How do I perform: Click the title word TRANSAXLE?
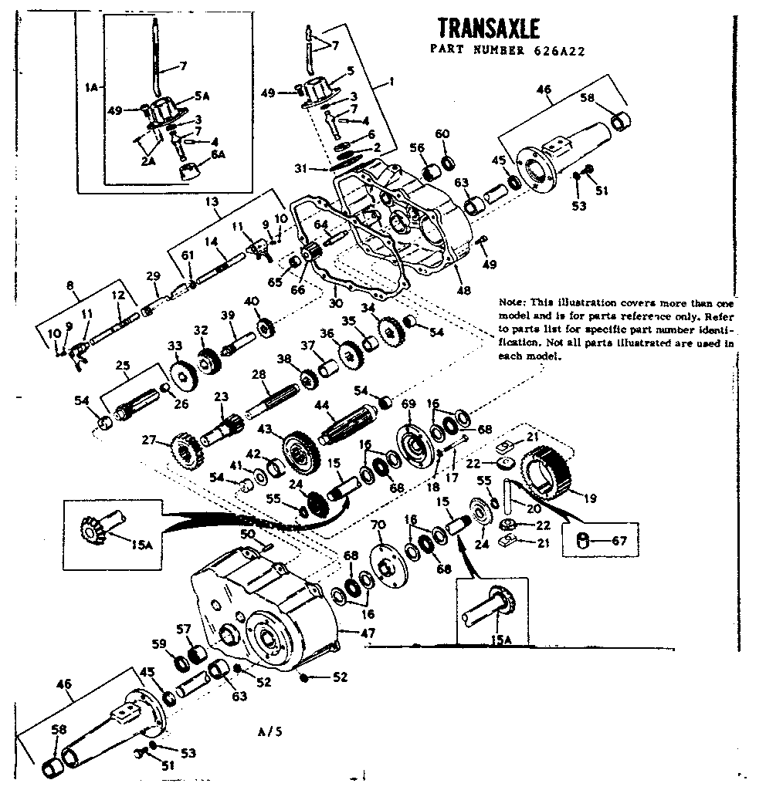(488, 29)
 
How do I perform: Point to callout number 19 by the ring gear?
(590, 499)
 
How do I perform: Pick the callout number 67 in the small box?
(619, 541)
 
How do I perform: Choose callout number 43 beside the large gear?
(265, 429)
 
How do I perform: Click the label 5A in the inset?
(202, 96)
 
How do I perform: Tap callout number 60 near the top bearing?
(442, 134)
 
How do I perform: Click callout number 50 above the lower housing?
(248, 534)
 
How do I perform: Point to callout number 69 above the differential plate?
(409, 404)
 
